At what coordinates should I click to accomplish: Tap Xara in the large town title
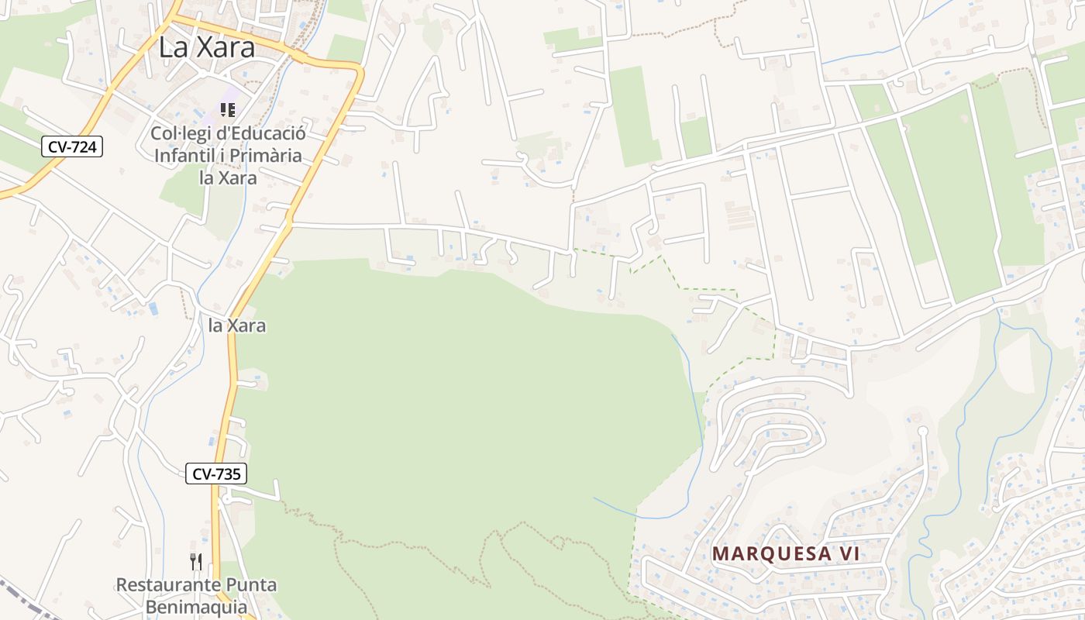click(226, 47)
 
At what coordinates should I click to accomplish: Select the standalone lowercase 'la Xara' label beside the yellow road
click(237, 325)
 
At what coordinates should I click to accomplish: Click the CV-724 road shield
click(72, 146)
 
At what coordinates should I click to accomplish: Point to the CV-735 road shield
click(216, 474)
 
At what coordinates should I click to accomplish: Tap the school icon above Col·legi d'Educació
click(228, 110)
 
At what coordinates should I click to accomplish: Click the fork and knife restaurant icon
click(196, 561)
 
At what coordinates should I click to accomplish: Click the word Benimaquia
click(195, 607)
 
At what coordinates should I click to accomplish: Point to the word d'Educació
click(260, 133)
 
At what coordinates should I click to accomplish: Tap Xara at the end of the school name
click(237, 177)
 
